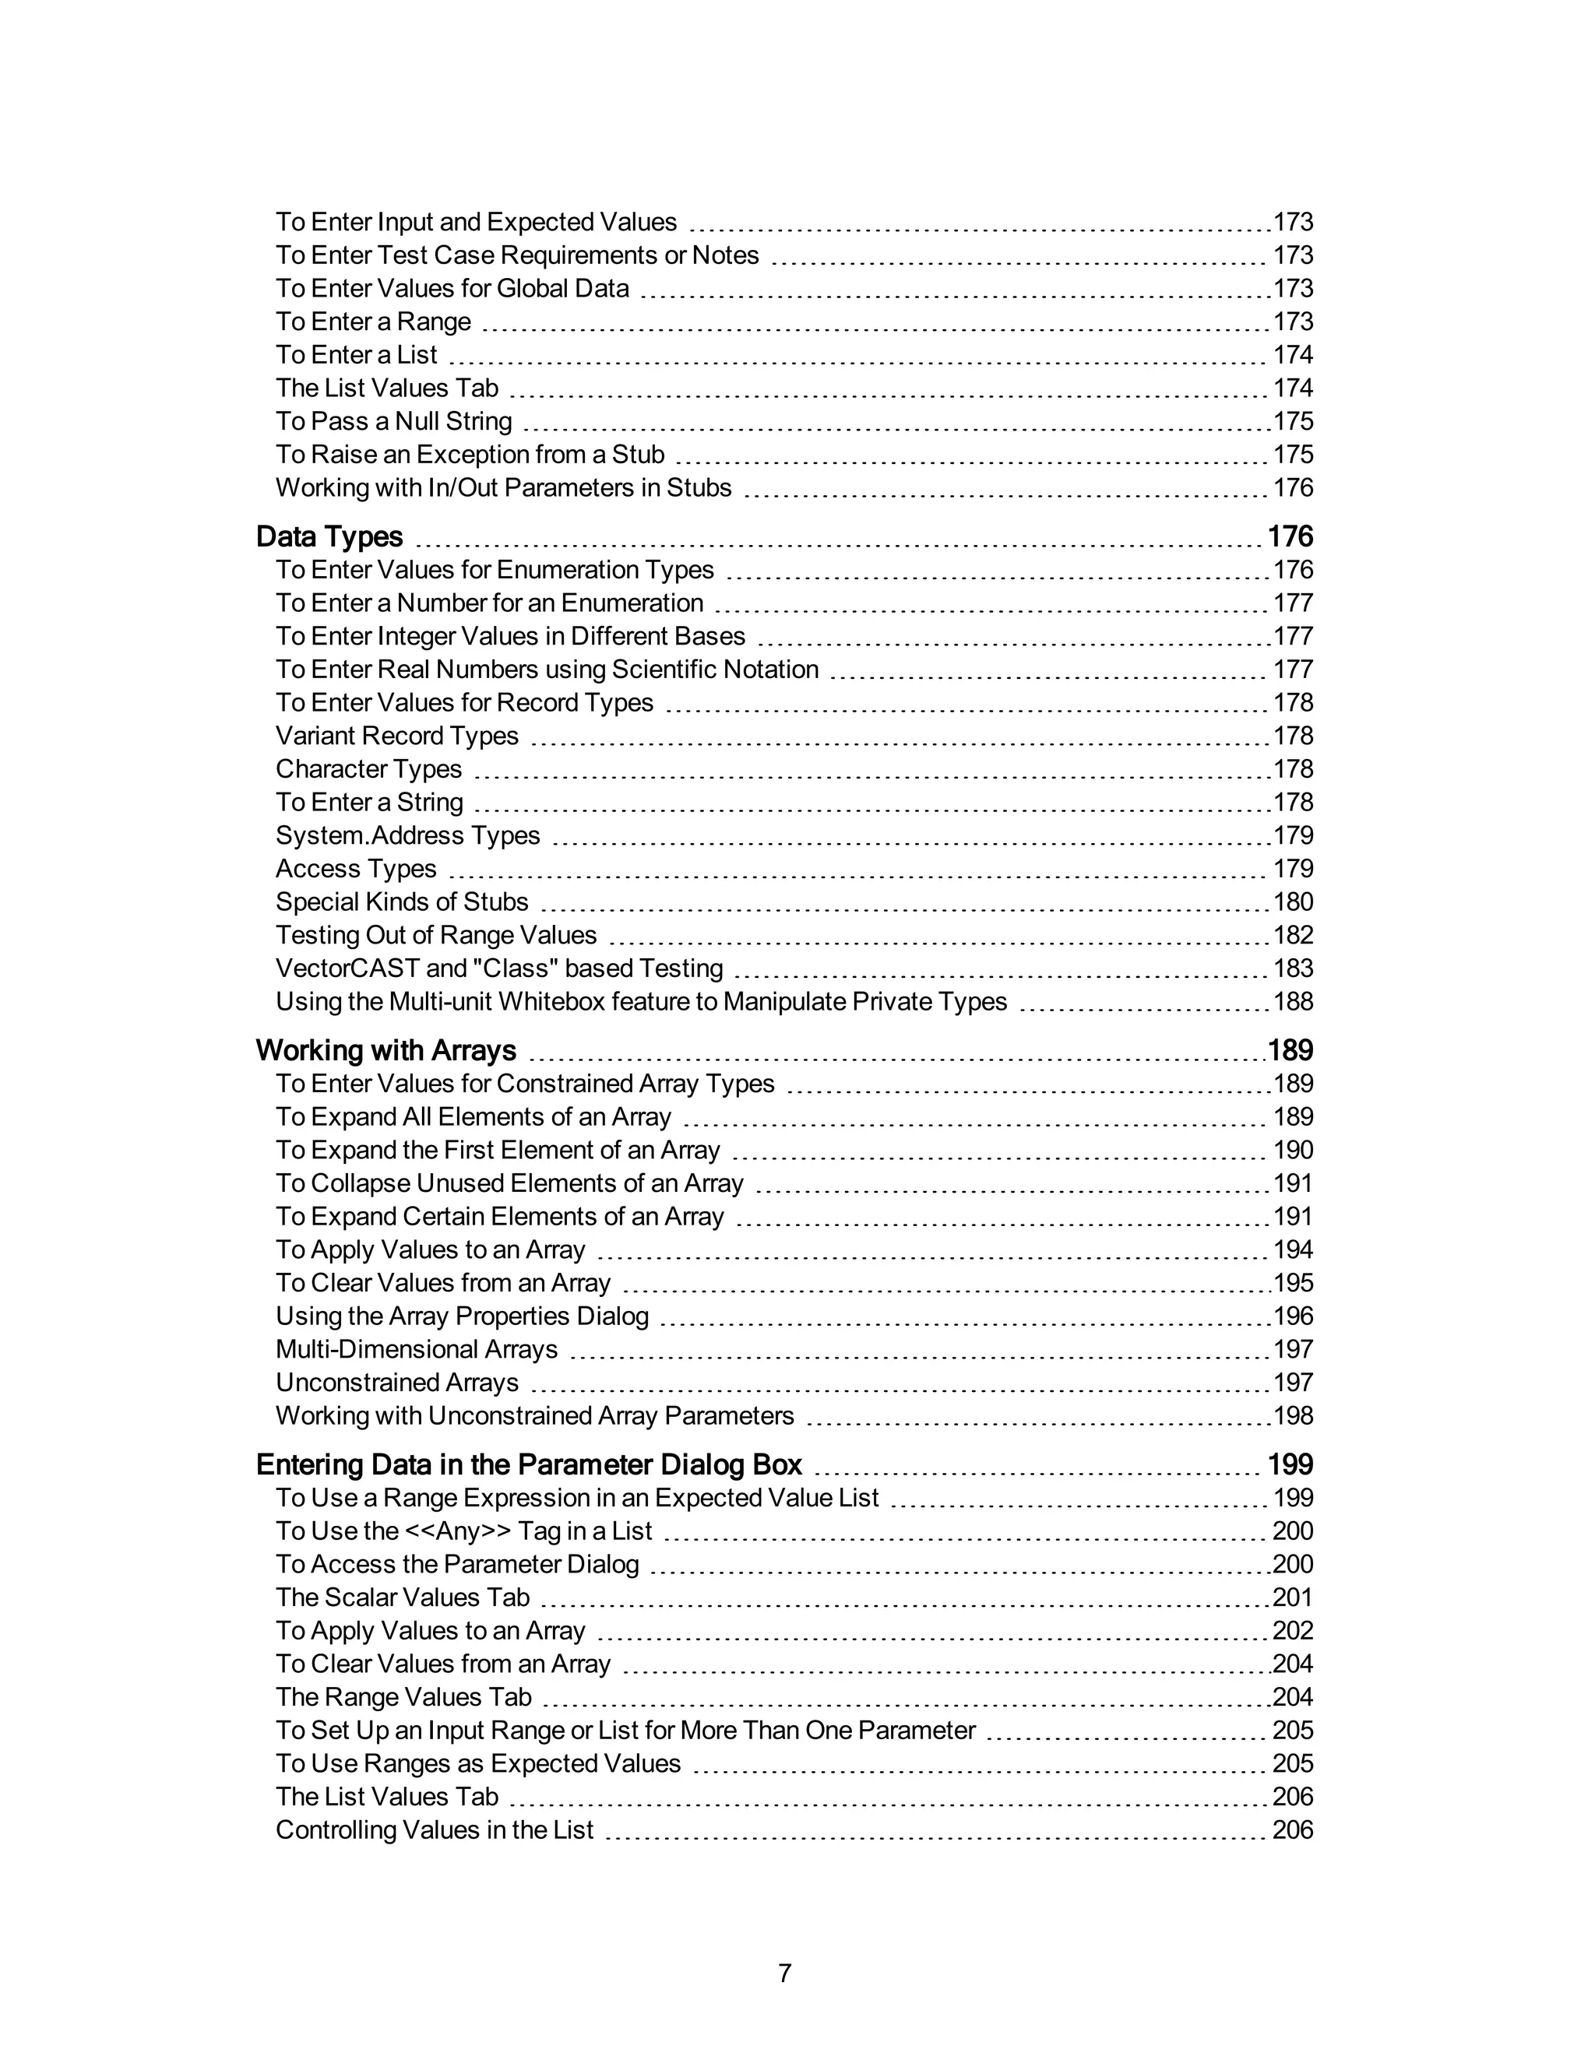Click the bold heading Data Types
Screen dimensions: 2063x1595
coord(329,536)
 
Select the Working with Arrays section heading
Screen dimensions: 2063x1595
coord(386,1050)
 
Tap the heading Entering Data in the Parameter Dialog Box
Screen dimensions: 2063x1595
coord(528,1464)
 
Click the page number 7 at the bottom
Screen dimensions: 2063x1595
coord(784,1973)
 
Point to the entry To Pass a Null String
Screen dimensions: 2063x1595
coord(393,421)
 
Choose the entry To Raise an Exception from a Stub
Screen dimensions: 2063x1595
coord(470,455)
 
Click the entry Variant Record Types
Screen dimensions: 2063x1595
coord(397,736)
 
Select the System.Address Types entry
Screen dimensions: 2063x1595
coord(407,835)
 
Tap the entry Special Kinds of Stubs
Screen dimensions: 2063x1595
coord(402,902)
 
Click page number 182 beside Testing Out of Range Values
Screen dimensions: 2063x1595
coord(1293,935)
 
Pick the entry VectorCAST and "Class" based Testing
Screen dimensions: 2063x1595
coord(499,968)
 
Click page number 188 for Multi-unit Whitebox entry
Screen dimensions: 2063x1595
coord(1293,1001)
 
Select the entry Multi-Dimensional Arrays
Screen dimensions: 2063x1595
coord(416,1349)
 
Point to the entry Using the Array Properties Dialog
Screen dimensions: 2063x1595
coord(462,1316)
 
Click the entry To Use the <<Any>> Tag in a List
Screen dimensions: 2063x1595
coord(463,1531)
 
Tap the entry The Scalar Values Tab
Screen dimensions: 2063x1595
coord(403,1597)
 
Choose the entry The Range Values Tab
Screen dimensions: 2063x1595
coord(403,1696)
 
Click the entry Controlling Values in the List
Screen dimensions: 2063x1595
coord(434,1829)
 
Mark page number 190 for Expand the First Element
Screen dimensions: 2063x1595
coord(1293,1150)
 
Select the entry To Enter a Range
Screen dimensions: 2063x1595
coord(373,322)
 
